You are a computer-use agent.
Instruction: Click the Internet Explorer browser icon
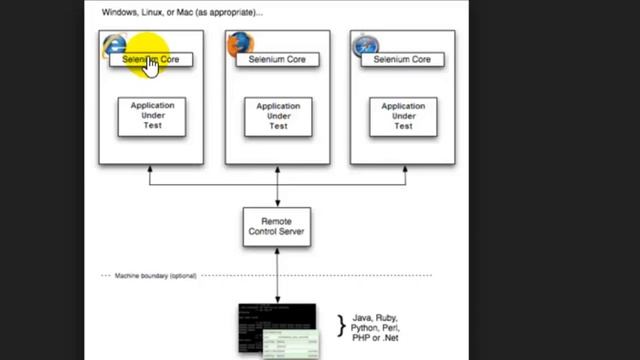pos(115,44)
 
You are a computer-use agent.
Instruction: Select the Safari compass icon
pos(365,45)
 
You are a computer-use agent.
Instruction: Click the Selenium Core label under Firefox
pos(277,60)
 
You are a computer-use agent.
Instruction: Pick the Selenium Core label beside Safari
pos(402,60)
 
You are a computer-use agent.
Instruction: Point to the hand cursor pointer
pos(150,65)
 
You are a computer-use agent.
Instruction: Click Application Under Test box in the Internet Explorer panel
pos(152,116)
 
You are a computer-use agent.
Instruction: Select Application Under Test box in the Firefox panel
pos(277,116)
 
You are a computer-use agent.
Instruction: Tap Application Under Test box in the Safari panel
pos(403,116)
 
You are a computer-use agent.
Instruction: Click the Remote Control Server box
pos(277,226)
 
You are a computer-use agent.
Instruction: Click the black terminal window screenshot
pos(270,325)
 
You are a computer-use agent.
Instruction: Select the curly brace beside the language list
pos(340,325)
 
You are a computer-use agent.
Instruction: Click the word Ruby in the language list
pos(385,317)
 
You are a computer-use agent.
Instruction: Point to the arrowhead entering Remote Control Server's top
pos(277,203)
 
